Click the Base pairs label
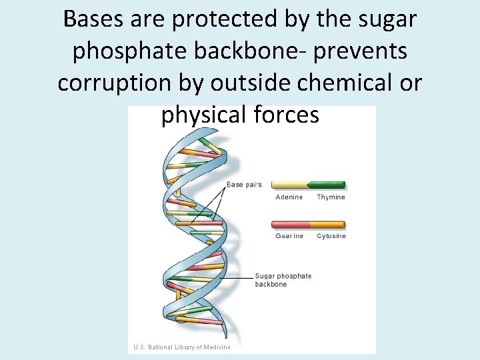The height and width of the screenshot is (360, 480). pos(244,185)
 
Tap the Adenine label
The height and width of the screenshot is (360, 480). pos(289,197)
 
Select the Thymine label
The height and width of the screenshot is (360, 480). pos(331,197)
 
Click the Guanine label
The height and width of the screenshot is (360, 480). pos(289,236)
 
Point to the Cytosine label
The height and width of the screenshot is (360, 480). pos(331,236)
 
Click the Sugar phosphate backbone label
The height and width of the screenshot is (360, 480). pos(283,280)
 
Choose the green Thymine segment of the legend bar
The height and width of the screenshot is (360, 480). pos(327,185)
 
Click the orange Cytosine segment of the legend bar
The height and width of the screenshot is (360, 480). pos(327,225)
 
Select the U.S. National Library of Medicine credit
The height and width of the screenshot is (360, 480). pos(181,347)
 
